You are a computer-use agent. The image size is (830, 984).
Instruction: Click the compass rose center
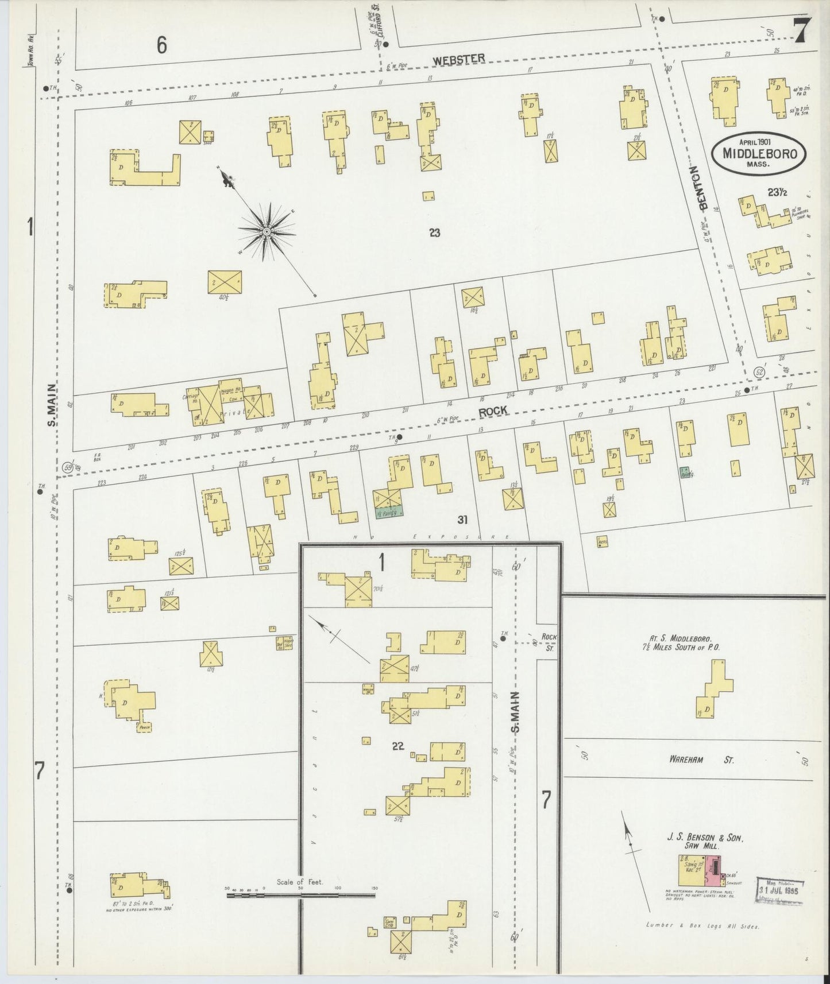tap(267, 231)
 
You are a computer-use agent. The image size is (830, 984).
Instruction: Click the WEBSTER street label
tap(459, 58)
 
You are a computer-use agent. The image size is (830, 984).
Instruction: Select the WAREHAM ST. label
tap(701, 760)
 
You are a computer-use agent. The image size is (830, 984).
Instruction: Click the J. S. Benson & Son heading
tap(705, 838)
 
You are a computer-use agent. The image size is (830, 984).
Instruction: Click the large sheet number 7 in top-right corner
tap(802, 30)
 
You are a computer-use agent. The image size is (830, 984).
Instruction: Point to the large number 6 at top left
tap(162, 45)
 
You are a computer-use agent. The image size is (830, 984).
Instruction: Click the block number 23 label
tap(434, 233)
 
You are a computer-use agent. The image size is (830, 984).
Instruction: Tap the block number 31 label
tap(463, 520)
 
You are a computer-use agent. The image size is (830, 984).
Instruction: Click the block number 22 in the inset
tap(398, 746)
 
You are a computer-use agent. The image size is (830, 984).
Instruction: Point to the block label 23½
tap(777, 193)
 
